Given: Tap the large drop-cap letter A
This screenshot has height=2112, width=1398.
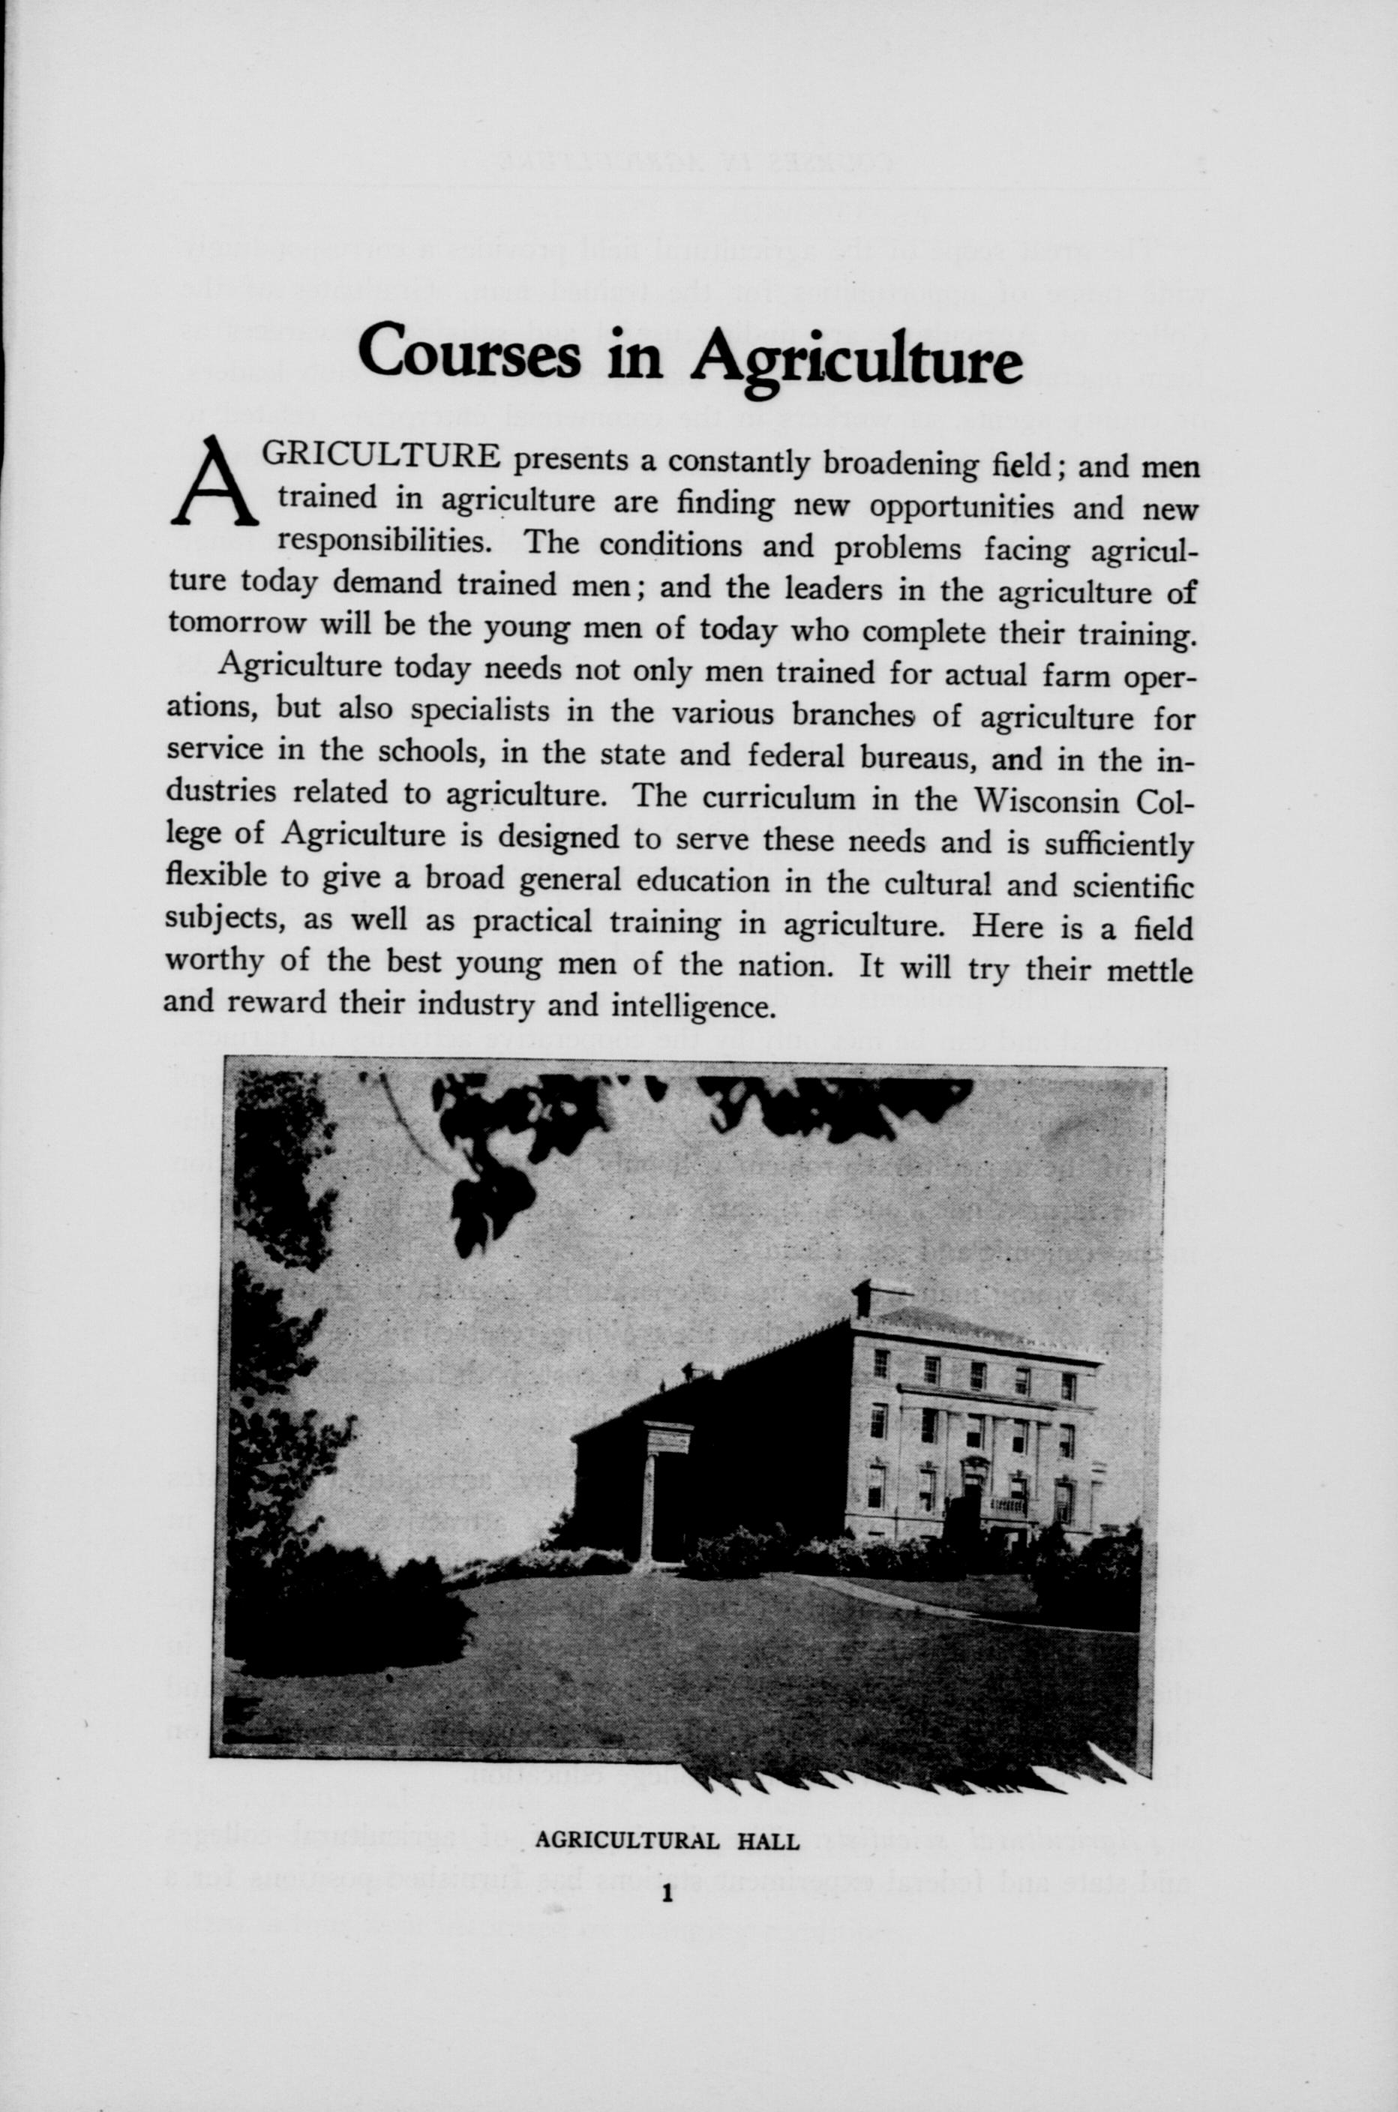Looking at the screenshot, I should (213, 481).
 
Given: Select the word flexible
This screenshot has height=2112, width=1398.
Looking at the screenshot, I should (217, 875).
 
